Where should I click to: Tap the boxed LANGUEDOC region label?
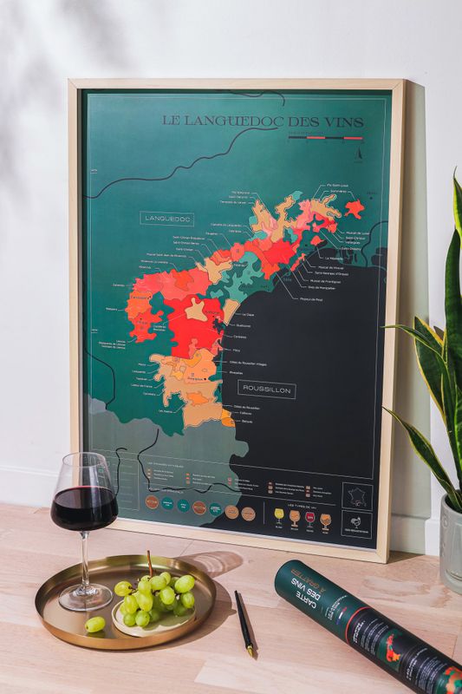tap(166, 219)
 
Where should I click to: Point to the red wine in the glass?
tap(83, 507)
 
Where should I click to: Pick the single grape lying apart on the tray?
tap(95, 624)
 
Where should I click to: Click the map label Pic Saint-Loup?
tap(339, 185)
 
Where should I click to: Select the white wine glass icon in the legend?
tap(278, 518)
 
